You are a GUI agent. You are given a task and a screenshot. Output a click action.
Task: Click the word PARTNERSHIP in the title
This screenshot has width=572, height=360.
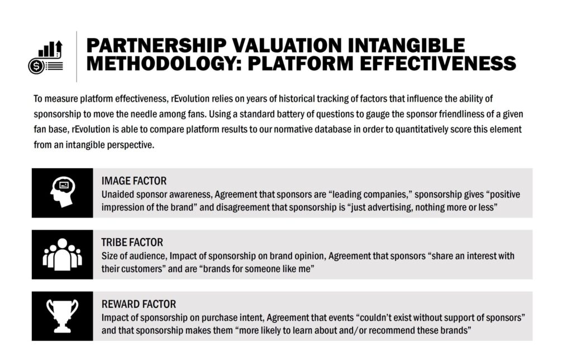point(156,46)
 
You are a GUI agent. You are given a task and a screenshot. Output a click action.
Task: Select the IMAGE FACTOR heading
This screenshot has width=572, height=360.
point(134,181)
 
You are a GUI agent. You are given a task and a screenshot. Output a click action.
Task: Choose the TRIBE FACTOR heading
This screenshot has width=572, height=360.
point(132,243)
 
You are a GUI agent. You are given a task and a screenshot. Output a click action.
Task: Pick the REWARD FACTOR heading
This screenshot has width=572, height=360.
point(139,304)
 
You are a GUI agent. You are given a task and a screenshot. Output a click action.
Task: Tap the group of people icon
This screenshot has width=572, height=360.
point(63,254)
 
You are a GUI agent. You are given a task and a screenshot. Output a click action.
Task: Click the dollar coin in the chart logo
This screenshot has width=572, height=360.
point(36,67)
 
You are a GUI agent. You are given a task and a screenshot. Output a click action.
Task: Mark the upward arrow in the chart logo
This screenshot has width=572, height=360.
point(59,48)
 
